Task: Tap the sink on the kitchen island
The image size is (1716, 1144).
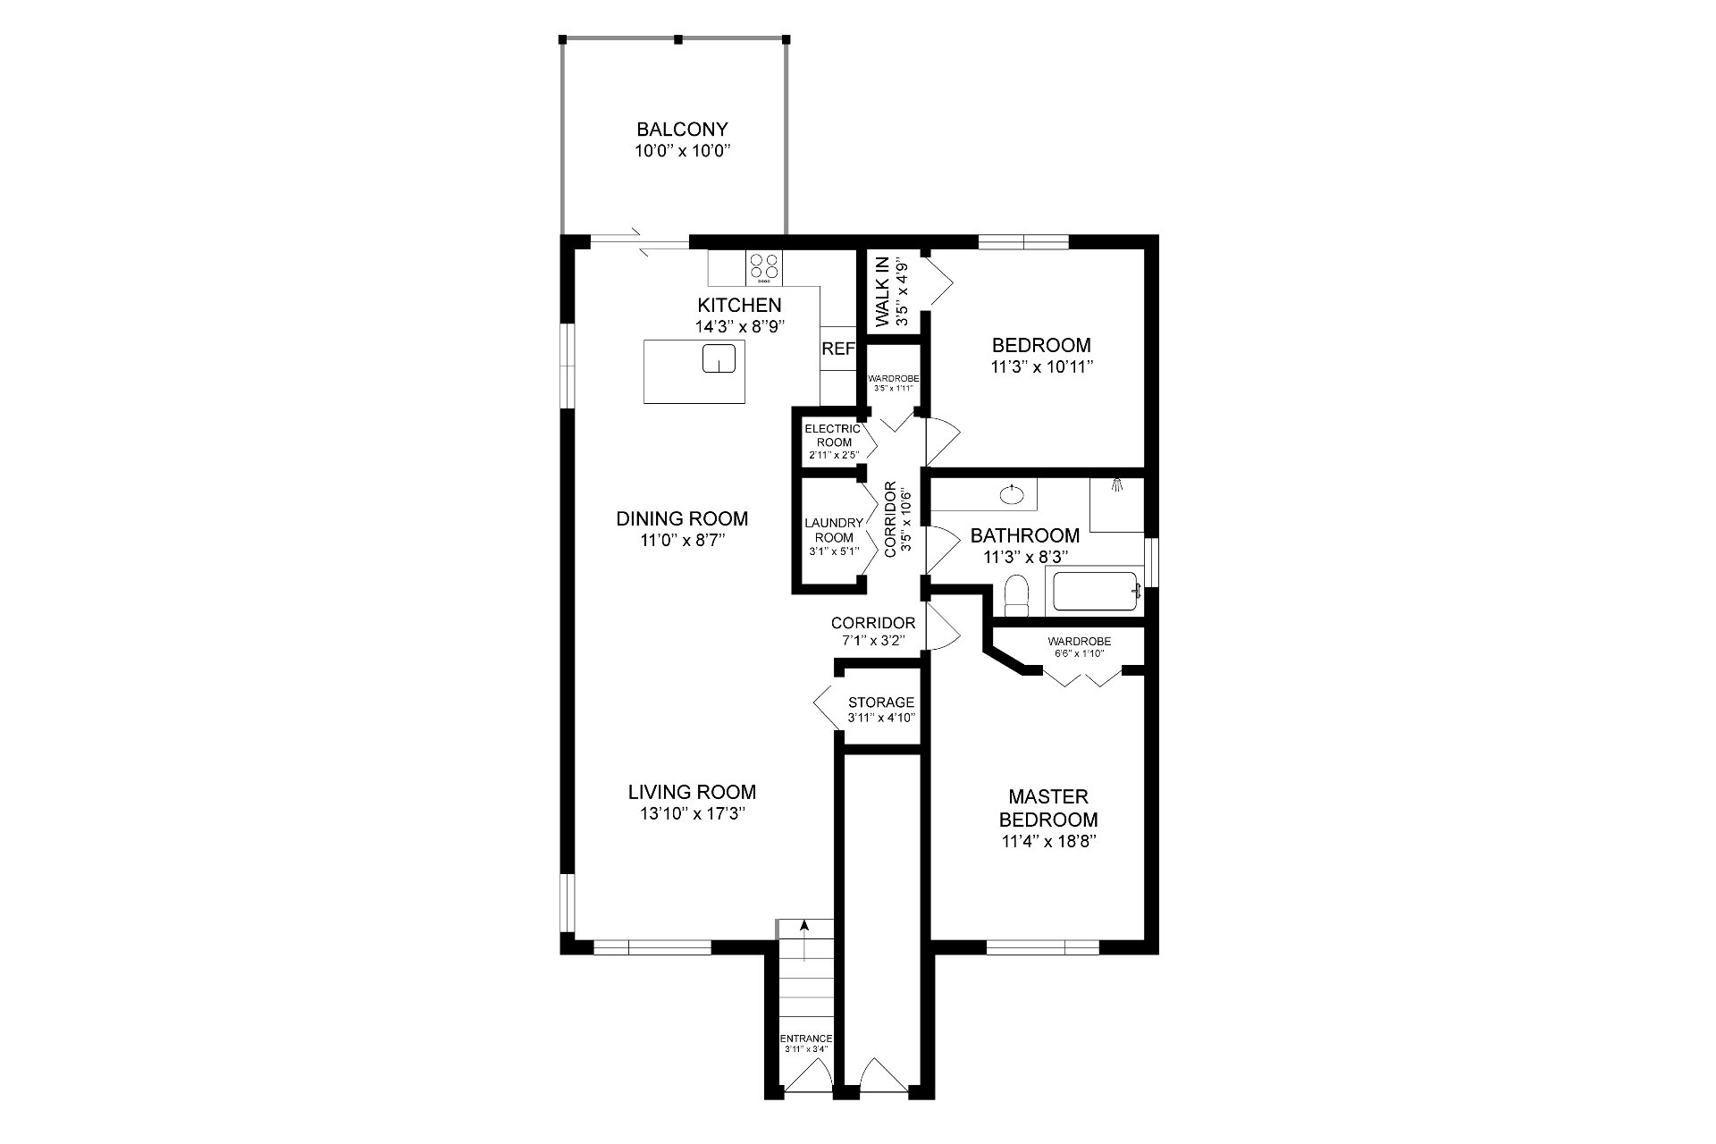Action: click(719, 357)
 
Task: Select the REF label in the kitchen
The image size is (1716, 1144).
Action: click(837, 349)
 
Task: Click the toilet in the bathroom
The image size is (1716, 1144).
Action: click(1017, 595)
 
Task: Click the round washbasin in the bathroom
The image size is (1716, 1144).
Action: click(1011, 493)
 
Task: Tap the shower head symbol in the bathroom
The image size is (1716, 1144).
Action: click(1116, 485)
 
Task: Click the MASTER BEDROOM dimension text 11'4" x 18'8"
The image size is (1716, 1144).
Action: click(1048, 841)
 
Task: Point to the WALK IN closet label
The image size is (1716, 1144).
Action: click(882, 291)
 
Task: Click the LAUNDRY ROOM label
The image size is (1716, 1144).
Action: click(834, 530)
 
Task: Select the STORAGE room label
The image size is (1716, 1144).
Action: click(881, 702)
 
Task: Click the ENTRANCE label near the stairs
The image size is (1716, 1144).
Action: click(806, 1039)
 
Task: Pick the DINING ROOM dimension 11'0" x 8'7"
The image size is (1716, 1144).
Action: click(682, 541)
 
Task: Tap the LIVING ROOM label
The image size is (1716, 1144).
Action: click(692, 792)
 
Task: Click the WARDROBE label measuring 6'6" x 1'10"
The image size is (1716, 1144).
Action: click(1080, 642)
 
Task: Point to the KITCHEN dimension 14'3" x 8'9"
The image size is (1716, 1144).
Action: click(739, 326)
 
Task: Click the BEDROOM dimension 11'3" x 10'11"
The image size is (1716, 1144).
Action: click(1042, 366)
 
